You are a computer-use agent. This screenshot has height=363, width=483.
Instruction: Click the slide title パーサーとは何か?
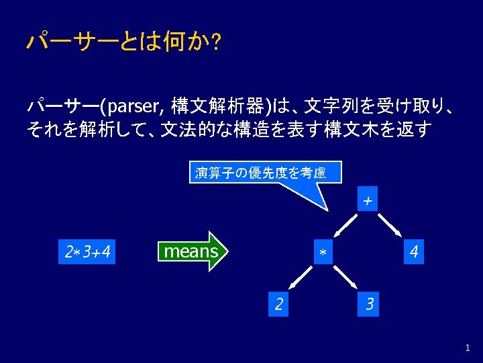pos(125,42)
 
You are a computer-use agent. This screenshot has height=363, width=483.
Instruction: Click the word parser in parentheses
pos(134,106)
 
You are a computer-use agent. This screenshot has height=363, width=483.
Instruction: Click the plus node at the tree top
pos(367,201)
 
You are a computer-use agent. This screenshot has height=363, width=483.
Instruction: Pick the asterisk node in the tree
pos(323,253)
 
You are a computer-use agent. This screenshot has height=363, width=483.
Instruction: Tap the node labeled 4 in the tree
pos(414,253)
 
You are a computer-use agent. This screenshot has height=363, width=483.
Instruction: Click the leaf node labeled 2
pos(278,304)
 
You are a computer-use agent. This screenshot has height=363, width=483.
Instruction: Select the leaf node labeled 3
pos(368,304)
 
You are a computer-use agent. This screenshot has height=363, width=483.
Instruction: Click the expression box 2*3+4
pos(87,253)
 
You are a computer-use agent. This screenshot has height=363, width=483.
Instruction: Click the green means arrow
pos(193,252)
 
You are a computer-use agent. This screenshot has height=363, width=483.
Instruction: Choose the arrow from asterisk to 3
pos(347,278)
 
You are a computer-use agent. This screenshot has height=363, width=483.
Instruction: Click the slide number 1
pos(468,348)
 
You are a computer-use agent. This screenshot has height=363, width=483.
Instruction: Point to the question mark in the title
pos(217,43)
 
